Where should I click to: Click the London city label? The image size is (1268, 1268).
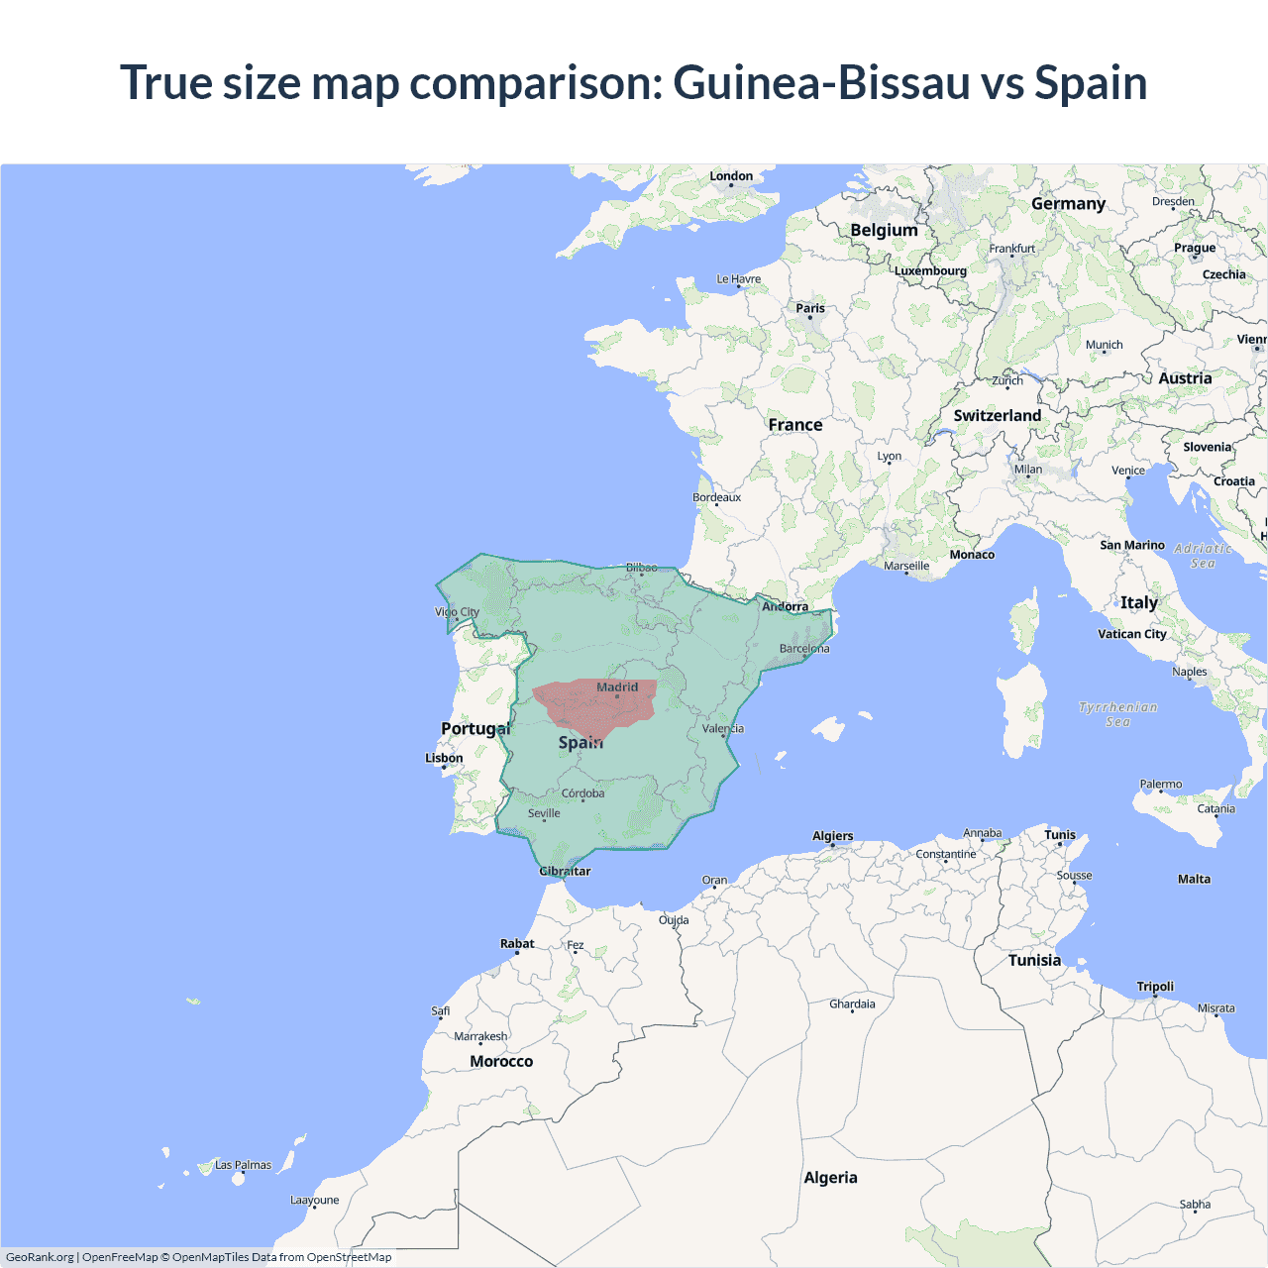(731, 176)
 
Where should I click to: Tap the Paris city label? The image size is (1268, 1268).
(810, 308)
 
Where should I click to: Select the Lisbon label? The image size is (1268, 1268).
(444, 758)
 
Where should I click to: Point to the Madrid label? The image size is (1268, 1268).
(617, 687)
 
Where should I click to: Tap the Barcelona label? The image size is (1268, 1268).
(804, 649)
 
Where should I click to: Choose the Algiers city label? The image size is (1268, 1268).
(832, 836)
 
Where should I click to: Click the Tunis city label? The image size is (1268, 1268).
(1060, 835)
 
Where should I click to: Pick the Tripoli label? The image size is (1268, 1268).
(1155, 987)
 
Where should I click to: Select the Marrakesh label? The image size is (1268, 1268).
(480, 1036)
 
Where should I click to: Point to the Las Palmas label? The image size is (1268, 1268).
(243, 1165)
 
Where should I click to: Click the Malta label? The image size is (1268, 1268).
(1194, 879)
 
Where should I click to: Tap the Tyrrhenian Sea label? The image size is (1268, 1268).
(1117, 714)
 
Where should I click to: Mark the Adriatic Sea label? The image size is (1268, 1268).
(1203, 556)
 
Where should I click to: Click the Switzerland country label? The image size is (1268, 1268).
(997, 416)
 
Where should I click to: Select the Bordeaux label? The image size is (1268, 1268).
(716, 497)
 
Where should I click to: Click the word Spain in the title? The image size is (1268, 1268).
(1091, 82)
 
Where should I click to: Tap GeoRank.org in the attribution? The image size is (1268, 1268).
(40, 1257)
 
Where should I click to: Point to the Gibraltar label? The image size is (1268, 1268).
(565, 872)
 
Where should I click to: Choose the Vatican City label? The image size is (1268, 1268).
(1132, 634)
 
